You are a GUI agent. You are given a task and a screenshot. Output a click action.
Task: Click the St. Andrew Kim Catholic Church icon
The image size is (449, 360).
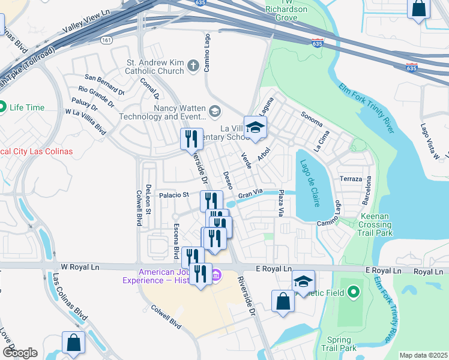coord(193,65)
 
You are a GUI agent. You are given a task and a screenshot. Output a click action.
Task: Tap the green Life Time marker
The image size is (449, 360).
coord(2,107)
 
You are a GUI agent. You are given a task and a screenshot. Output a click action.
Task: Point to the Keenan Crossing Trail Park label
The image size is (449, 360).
coord(376,224)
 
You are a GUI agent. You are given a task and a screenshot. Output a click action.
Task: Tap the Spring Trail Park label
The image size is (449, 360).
coord(339,343)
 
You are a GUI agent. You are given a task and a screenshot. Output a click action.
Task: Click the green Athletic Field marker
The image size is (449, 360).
coord(354,293)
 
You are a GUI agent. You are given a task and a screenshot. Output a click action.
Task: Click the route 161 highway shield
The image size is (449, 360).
coord(106,40)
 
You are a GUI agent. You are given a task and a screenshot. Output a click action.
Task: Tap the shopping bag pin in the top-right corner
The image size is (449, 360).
coord(419,10)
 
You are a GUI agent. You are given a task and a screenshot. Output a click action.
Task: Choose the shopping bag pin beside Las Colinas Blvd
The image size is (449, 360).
coord(73,343)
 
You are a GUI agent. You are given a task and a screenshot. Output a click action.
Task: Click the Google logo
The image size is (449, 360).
coord(19,353)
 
